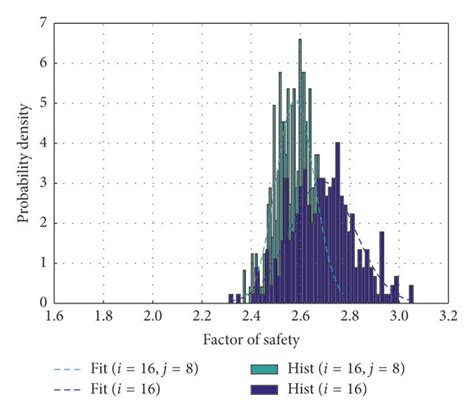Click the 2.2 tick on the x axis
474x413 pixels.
click(x=202, y=315)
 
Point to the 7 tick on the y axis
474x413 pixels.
click(x=43, y=21)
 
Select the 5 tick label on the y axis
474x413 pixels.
click(x=43, y=102)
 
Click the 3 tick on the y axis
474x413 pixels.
click(x=43, y=182)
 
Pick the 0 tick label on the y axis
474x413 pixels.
click(x=43, y=302)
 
